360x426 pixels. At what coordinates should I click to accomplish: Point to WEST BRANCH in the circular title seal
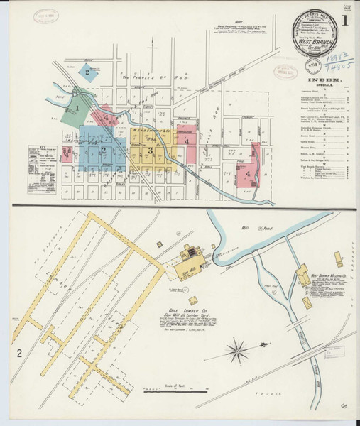coord(317,42)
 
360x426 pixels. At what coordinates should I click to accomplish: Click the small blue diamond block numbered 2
coord(87,71)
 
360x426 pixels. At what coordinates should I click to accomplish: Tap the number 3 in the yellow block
coord(150,151)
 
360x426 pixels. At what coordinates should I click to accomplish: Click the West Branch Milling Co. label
coord(327,273)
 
